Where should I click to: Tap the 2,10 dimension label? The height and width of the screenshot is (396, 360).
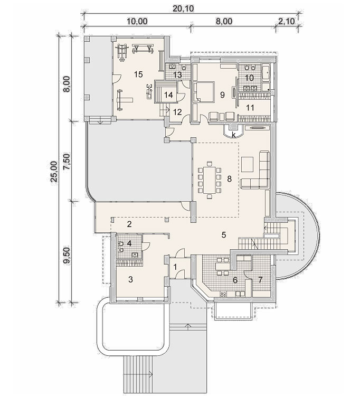click(x=287, y=21)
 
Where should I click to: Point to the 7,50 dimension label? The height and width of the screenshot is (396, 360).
click(x=67, y=161)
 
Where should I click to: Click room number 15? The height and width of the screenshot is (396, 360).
click(x=139, y=74)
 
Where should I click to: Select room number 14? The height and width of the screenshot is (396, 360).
click(x=168, y=95)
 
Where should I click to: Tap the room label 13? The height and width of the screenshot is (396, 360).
click(x=177, y=75)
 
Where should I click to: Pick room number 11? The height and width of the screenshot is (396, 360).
click(x=250, y=108)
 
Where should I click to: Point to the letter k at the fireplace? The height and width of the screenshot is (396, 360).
click(x=234, y=135)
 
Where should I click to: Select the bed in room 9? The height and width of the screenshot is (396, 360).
click(x=204, y=91)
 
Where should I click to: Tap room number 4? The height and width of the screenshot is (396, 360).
click(x=129, y=243)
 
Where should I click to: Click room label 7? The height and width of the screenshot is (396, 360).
click(x=261, y=279)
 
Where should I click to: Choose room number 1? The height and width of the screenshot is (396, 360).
click(x=176, y=267)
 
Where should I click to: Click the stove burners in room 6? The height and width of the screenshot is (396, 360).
click(x=223, y=294)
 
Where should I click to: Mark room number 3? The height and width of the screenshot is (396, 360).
click(x=130, y=279)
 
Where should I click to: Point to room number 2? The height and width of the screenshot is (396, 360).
click(x=129, y=224)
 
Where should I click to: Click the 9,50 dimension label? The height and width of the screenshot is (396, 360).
click(x=67, y=256)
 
